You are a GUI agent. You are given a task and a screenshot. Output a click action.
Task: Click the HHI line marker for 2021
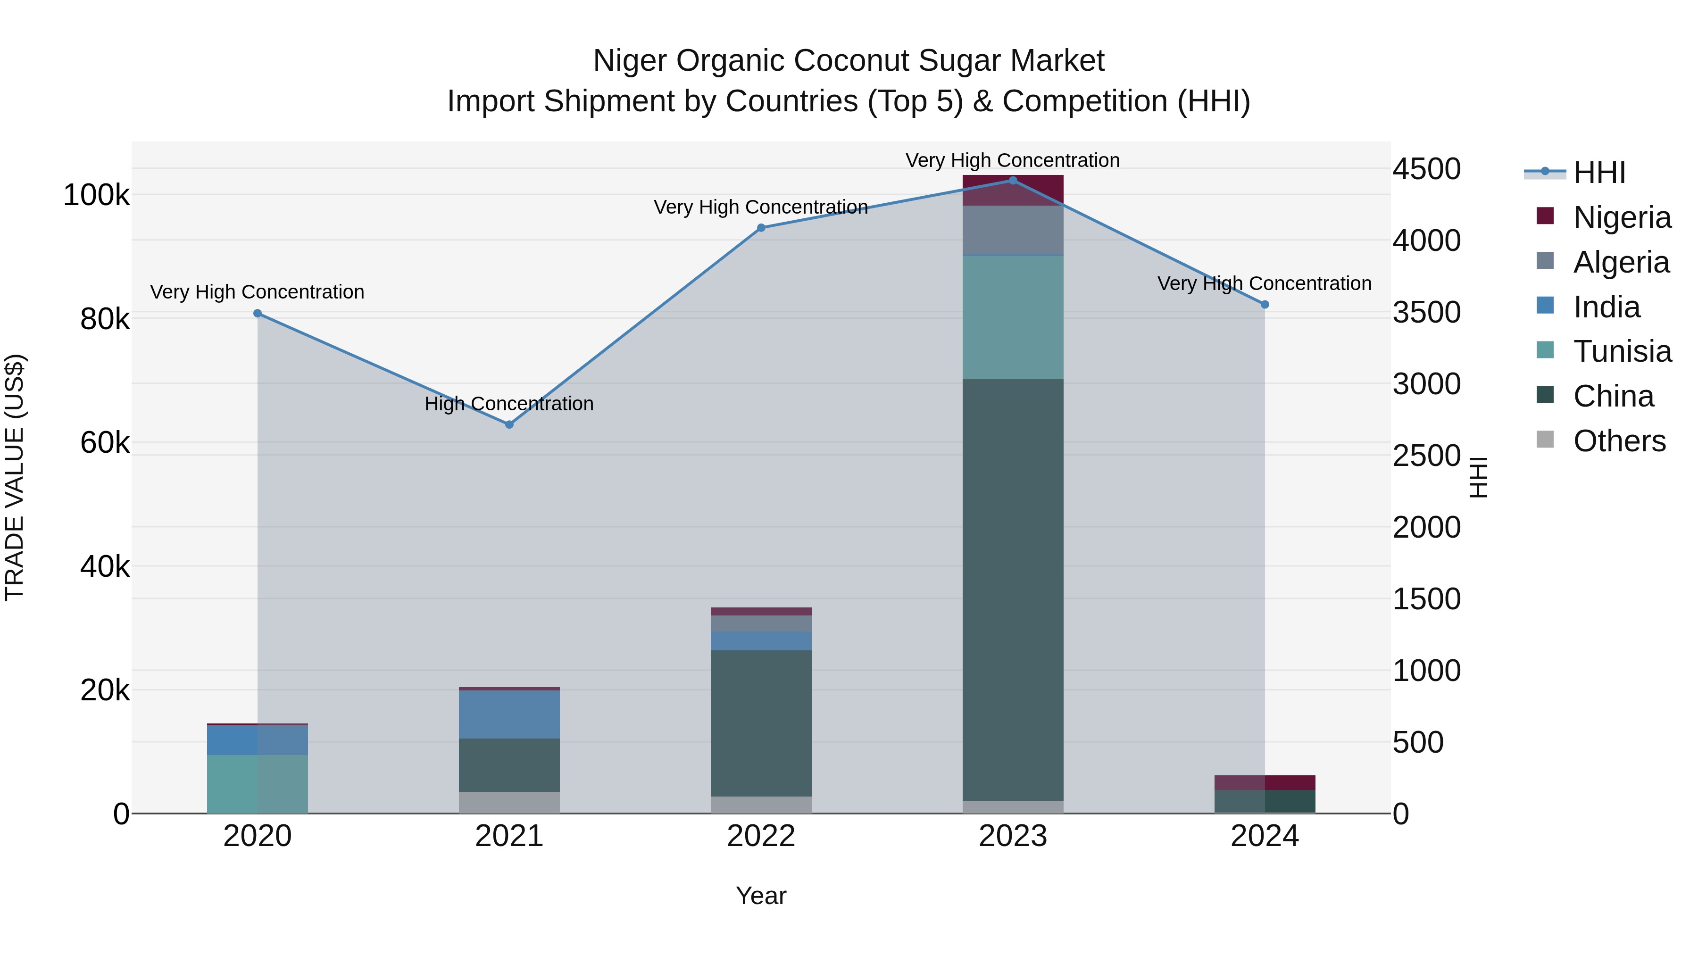(x=509, y=424)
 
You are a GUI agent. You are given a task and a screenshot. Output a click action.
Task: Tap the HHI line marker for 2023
(x=1013, y=181)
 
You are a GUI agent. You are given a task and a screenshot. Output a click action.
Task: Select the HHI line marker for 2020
(x=258, y=314)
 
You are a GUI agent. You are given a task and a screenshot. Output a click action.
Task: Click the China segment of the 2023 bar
(x=1013, y=590)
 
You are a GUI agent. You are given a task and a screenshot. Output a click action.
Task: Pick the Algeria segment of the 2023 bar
(x=1013, y=230)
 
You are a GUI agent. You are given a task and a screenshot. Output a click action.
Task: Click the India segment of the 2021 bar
(x=509, y=714)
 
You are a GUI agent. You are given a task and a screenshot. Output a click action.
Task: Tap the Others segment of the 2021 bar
(x=509, y=802)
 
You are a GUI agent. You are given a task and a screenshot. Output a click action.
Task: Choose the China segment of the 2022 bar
(x=761, y=723)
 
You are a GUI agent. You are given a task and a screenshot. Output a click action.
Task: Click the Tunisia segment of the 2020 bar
(x=258, y=784)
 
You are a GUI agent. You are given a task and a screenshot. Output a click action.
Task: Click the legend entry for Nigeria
(x=1622, y=217)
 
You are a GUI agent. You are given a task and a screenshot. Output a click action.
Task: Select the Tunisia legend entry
(x=1622, y=351)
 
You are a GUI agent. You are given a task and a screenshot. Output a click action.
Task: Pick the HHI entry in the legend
(x=1598, y=173)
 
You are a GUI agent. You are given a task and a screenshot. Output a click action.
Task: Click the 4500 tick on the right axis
(x=1426, y=169)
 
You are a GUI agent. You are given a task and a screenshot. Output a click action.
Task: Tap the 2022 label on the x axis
(x=761, y=836)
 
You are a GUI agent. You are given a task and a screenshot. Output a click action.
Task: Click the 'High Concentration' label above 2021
(x=509, y=403)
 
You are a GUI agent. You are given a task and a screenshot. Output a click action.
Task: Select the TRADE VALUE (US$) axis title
(x=15, y=477)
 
